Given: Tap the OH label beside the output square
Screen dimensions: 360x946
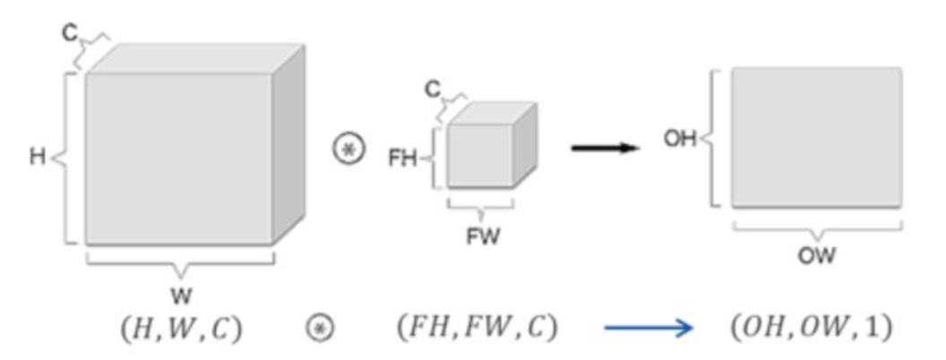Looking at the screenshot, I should click(680, 140).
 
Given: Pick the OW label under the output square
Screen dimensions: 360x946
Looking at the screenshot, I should click(816, 256).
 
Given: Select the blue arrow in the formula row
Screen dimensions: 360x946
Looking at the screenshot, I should click(648, 329).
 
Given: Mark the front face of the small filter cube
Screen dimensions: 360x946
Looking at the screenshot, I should click(480, 155).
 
